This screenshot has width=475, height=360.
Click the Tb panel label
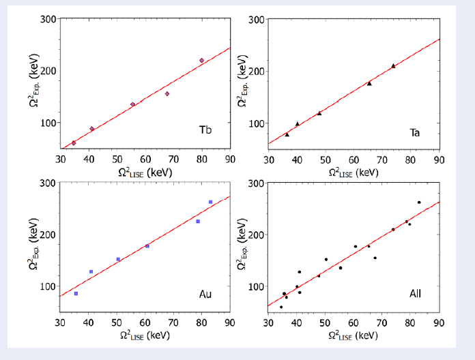tap(205, 130)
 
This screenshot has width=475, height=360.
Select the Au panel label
tap(205, 294)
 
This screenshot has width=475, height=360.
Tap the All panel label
tap(415, 294)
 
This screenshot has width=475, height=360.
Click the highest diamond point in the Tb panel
tap(201, 61)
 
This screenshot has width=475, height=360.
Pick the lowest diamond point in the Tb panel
tap(74, 142)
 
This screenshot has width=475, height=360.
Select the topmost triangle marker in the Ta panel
tap(393, 66)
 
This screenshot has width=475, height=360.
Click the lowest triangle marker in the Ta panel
tap(287, 134)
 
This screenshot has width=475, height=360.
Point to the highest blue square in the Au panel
tap(210, 202)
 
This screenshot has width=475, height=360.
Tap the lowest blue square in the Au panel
tap(76, 294)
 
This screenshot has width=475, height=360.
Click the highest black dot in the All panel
tap(419, 202)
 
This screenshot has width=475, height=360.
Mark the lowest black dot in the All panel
tap(281, 307)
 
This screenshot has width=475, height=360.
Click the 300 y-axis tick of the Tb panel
tap(48, 19)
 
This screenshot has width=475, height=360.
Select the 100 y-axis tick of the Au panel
tap(48, 286)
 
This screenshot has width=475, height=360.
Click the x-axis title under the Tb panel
tap(144, 172)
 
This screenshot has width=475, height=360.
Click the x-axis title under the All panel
tap(353, 335)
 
